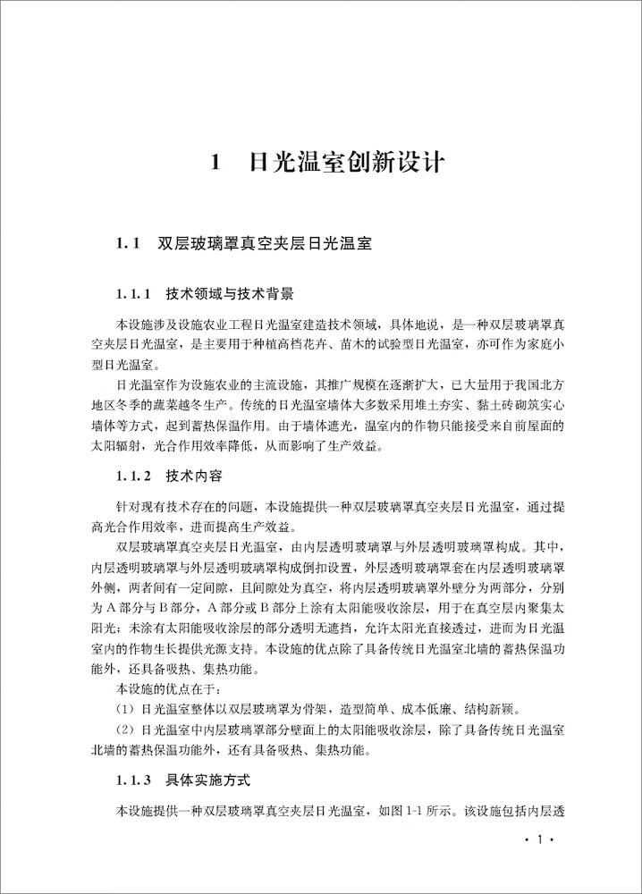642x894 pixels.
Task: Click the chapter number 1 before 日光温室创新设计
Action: (x=215, y=164)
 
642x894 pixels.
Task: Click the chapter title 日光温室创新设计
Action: (x=346, y=164)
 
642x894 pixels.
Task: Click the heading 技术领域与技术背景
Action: (x=230, y=294)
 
